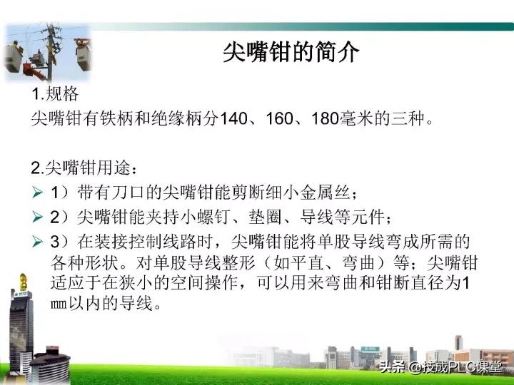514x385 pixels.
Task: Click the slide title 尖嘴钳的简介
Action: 291,53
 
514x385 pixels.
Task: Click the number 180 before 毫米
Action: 324,118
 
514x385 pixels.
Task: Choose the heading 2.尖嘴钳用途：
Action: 84,168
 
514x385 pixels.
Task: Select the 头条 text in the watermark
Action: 393,368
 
